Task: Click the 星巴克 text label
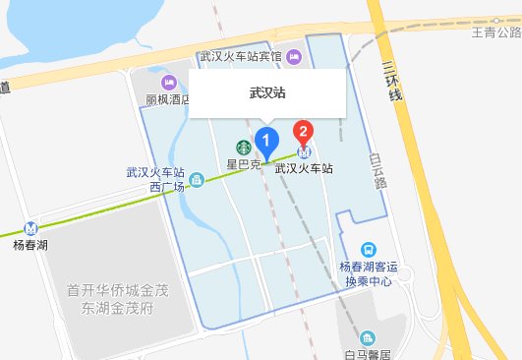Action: coord(243,164)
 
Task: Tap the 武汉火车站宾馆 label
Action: coord(240,57)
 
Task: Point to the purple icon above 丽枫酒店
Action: coord(166,81)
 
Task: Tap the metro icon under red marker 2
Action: coord(305,151)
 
